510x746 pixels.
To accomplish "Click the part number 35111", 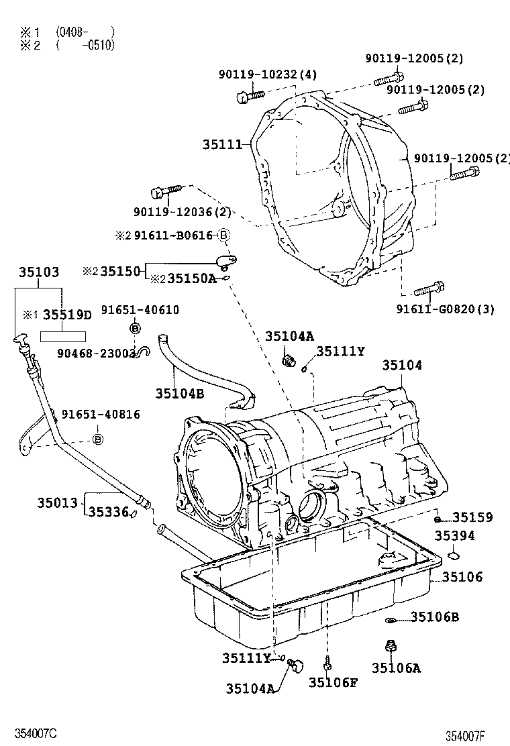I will [x=225, y=144].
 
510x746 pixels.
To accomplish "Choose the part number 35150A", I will [x=191, y=278].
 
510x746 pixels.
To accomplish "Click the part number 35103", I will [x=38, y=272].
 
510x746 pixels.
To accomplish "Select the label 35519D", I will [x=66, y=315].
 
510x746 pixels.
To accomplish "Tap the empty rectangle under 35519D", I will [x=65, y=336].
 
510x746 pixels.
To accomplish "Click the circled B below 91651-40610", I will [x=134, y=327].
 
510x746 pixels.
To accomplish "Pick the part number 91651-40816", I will [x=101, y=415].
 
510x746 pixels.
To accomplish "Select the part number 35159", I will [x=472, y=517].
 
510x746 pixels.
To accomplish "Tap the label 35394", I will [x=454, y=535].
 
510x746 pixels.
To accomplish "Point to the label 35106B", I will [x=435, y=617].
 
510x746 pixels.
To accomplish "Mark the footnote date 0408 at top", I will [x=69, y=32].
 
